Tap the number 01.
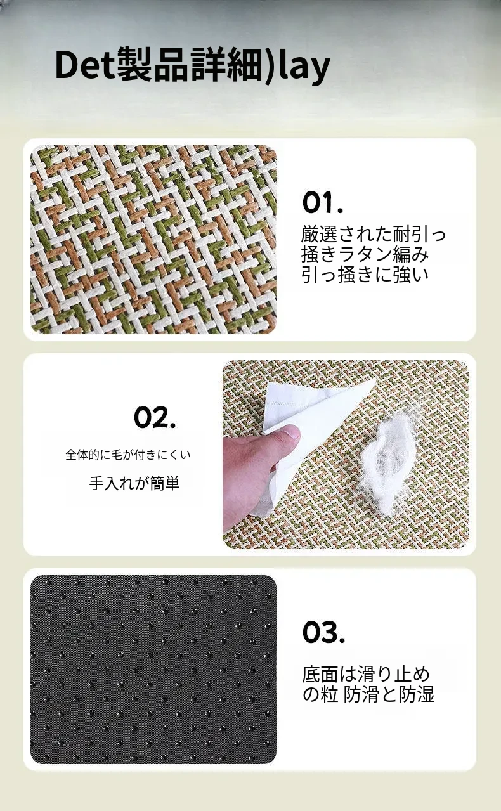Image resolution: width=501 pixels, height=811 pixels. coord(323,203)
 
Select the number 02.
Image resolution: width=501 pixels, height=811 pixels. coord(155,417)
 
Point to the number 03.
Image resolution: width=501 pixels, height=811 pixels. coord(323,632)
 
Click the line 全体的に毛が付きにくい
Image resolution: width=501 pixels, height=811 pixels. coord(127,455)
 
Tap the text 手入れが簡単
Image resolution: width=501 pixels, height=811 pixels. coord(134,483)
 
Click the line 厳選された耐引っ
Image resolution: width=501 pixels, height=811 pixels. coord(374,234)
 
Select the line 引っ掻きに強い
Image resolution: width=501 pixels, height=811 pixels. coord(365,275)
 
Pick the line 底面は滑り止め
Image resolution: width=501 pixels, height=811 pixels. coord(366,674)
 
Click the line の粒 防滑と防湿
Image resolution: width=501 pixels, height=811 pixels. coord(368,694)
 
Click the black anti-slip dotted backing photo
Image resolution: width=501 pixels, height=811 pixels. coord(153,670)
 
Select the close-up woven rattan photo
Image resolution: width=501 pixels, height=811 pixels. coord(153,240)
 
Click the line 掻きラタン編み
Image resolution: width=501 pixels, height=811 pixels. coord(365,254)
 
